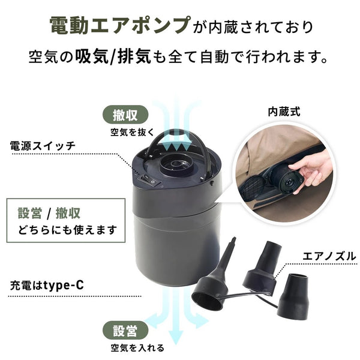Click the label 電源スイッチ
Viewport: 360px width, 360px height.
click(x=42, y=146)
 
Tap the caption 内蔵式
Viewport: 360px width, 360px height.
click(x=283, y=111)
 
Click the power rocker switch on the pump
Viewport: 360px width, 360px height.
click(x=147, y=178)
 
